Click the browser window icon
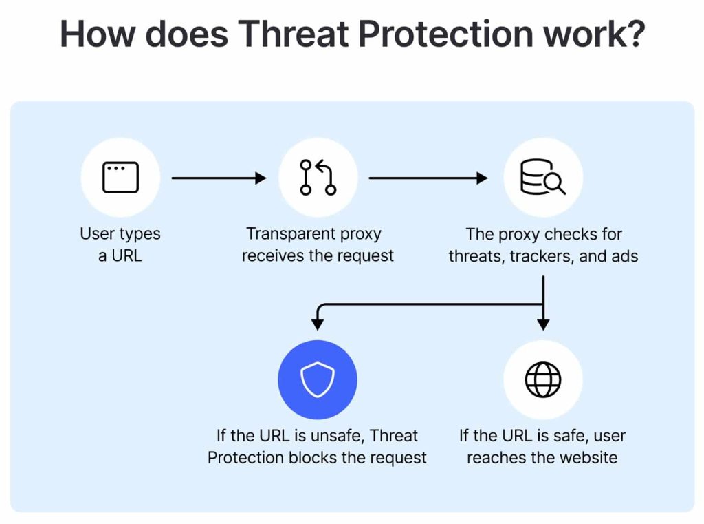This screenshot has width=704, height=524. pos(120,177)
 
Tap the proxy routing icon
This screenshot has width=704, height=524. pos(318,177)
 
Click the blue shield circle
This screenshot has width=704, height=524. pos(318,379)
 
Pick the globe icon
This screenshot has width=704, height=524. pos(543,379)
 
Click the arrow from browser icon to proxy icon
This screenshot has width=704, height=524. pos(219,178)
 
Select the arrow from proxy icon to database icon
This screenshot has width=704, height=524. pos(428,178)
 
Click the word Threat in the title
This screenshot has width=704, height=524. pos(293,34)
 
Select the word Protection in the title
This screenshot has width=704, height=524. pos(445,34)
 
